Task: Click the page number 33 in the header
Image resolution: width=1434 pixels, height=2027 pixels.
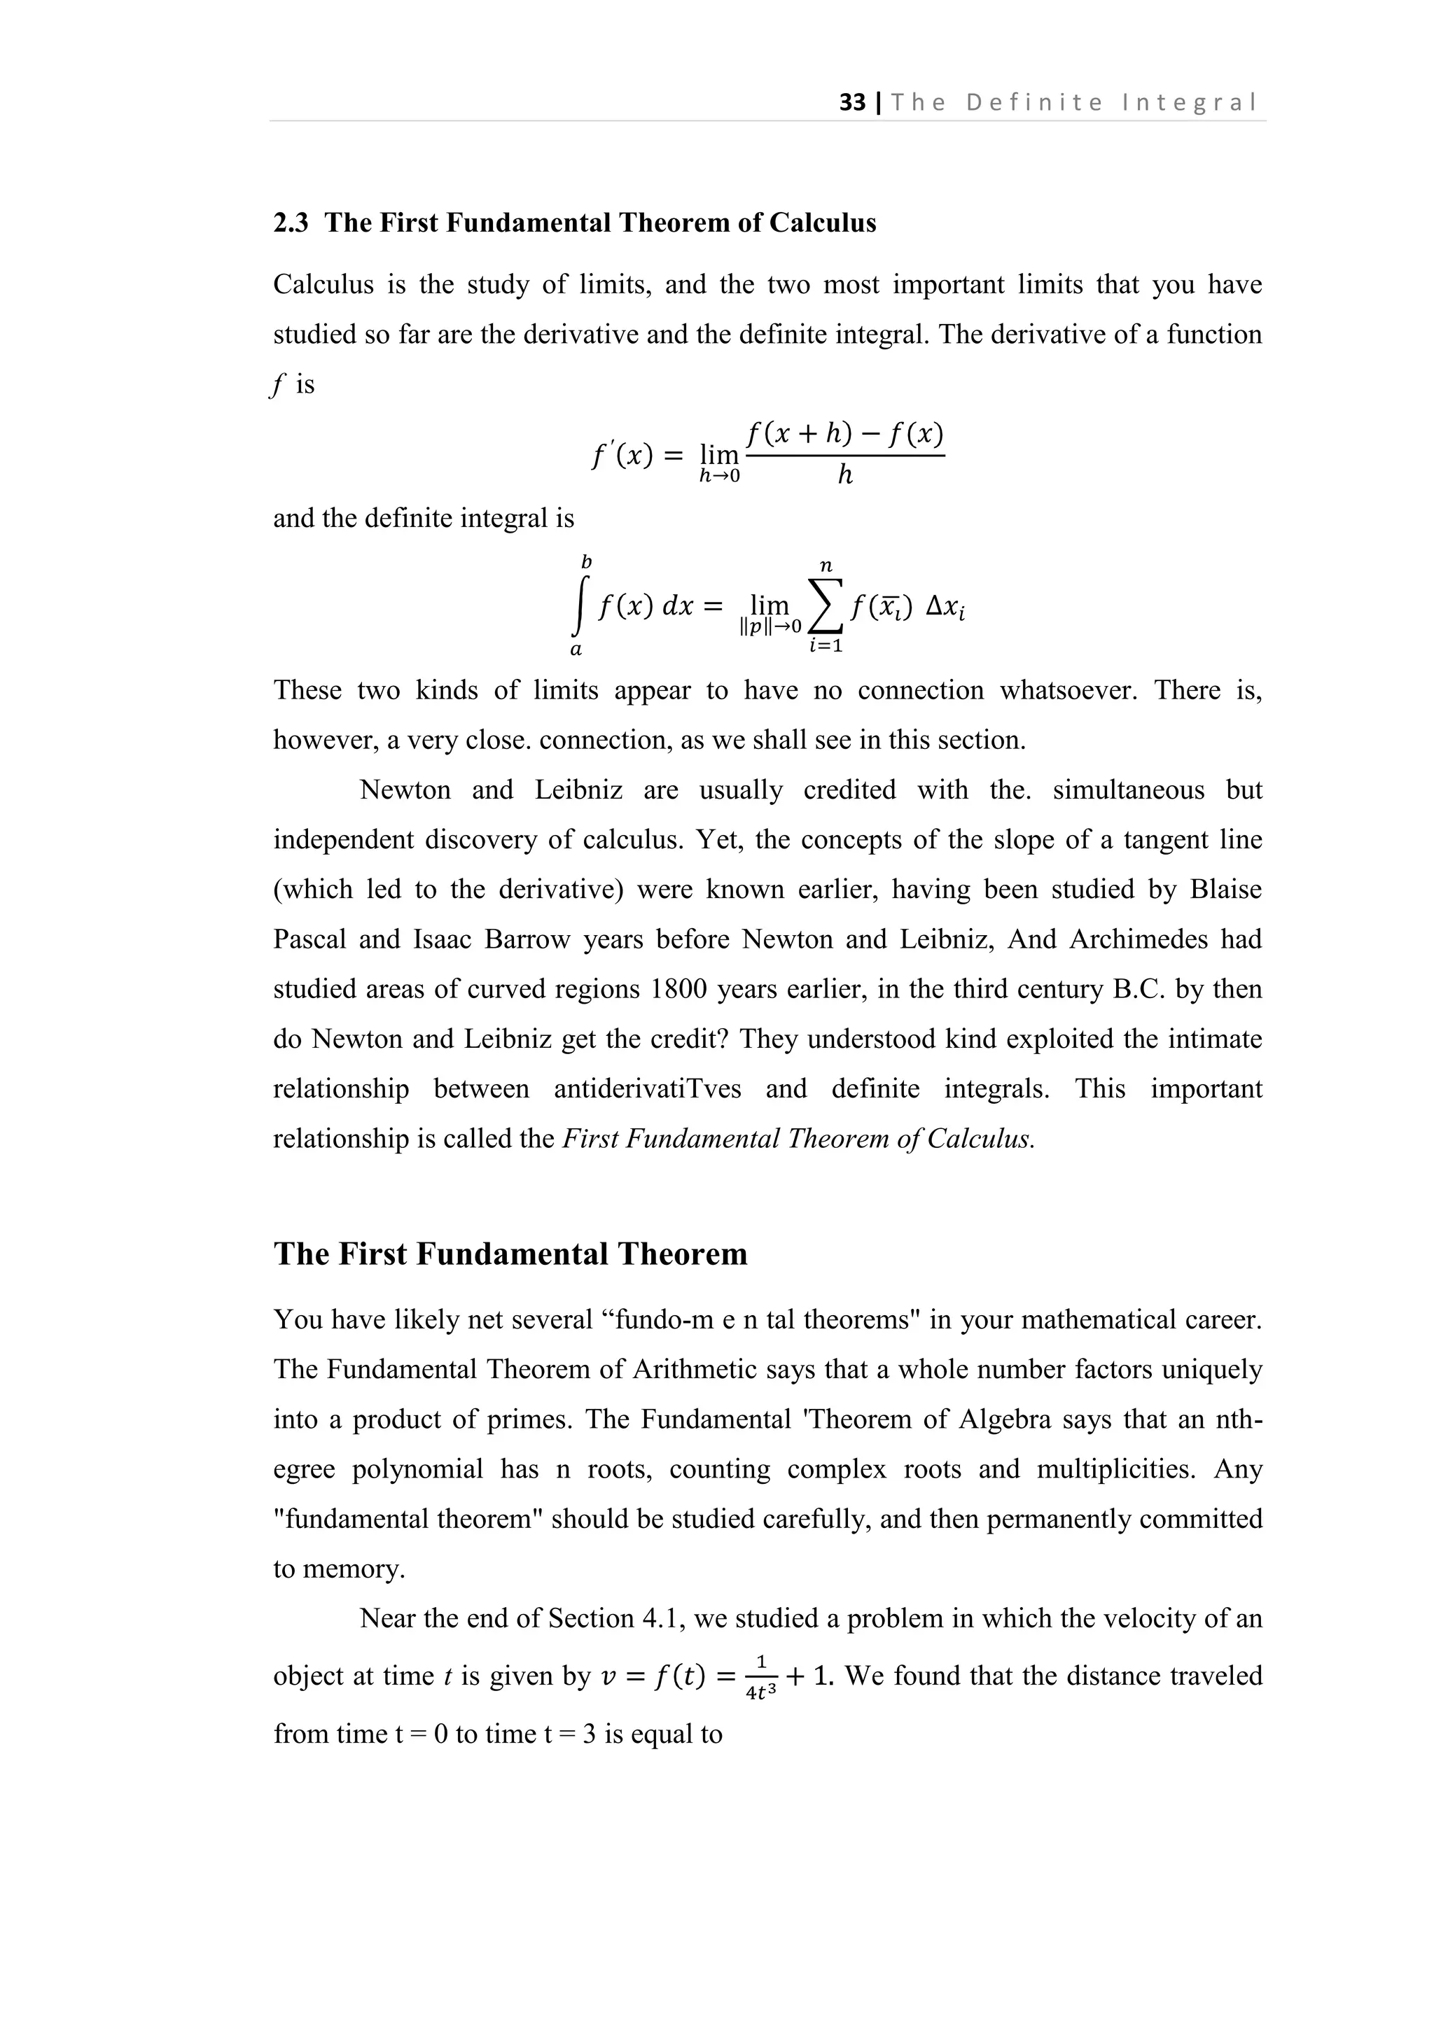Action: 852,104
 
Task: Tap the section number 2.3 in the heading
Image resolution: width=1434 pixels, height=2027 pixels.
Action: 291,223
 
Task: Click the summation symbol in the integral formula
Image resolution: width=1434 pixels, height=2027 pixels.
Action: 826,607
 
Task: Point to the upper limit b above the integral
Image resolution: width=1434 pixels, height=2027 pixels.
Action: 585,562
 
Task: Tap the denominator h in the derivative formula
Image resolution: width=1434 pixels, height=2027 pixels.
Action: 845,477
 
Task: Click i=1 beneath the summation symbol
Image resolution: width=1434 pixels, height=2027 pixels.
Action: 826,646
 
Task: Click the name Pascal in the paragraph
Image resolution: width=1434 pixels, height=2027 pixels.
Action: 305,939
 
